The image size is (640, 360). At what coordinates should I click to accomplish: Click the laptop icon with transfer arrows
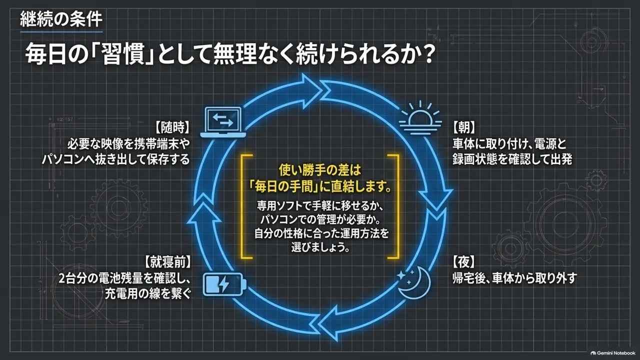pyautogui.click(x=223, y=122)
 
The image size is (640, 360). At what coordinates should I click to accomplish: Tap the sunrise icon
pyautogui.click(x=420, y=117)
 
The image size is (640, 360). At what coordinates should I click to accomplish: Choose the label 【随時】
pyautogui.click(x=172, y=127)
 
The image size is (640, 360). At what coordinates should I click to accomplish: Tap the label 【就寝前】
pyautogui.click(x=167, y=262)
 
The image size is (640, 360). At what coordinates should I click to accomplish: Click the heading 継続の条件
pyautogui.click(x=61, y=19)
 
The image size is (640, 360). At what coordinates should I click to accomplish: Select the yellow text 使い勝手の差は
pyautogui.click(x=320, y=170)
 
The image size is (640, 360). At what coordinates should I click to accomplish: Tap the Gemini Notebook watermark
pyautogui.click(x=613, y=353)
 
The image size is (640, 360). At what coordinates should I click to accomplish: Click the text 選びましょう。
pyautogui.click(x=320, y=247)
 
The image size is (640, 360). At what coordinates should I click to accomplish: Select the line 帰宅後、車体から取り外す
pyautogui.click(x=514, y=278)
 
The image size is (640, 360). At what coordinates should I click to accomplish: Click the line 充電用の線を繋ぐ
pyautogui.click(x=147, y=293)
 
